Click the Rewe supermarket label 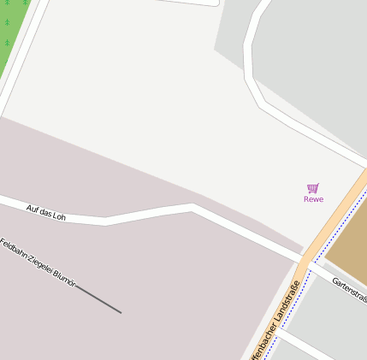(313, 199)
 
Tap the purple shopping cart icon (313, 188)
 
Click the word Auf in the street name (33, 208)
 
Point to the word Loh (58, 215)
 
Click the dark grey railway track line (98, 300)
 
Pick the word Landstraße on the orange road (281, 308)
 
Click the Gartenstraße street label (350, 289)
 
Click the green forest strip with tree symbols (10, 34)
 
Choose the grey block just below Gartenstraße (329, 316)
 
